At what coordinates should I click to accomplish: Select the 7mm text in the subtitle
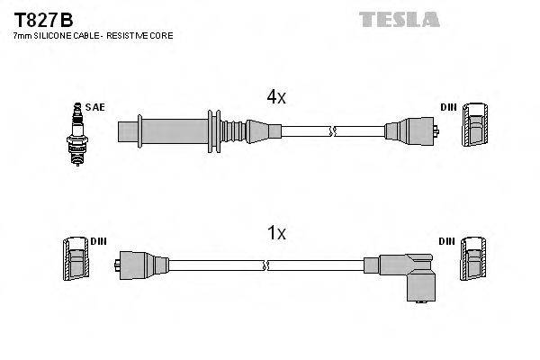[21, 35]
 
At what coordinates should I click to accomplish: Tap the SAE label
[95, 107]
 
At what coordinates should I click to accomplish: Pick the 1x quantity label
[276, 233]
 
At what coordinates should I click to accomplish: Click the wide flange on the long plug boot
[214, 131]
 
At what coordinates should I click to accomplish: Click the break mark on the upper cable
[333, 131]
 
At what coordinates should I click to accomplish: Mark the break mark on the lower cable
[267, 265]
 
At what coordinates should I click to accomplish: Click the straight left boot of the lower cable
[140, 265]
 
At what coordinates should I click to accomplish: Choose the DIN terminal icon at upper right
[475, 126]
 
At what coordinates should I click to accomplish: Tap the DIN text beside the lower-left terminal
[98, 241]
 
